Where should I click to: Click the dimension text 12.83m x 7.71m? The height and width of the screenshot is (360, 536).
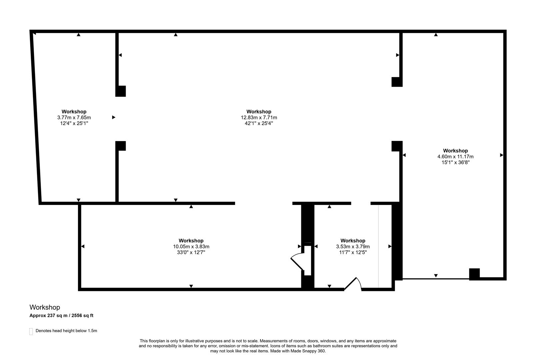259,118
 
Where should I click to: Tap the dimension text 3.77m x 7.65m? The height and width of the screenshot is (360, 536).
74,118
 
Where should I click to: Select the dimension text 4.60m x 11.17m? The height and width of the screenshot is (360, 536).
455,157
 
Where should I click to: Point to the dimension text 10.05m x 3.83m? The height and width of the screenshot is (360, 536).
191,247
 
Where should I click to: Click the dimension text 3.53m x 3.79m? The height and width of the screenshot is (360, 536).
353,247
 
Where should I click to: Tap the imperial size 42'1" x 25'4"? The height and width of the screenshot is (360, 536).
259,123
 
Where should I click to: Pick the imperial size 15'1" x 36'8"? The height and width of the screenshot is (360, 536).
455,162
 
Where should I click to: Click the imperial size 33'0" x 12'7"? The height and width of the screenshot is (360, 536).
191,252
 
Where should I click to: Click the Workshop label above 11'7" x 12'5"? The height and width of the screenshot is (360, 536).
353,241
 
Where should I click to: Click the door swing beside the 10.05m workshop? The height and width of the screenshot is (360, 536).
297,262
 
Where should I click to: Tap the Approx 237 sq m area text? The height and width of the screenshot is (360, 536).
61,315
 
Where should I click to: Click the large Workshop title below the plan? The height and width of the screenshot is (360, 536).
45,307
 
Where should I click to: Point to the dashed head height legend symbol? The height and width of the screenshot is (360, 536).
31,331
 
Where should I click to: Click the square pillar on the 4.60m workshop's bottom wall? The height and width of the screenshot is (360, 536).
474,274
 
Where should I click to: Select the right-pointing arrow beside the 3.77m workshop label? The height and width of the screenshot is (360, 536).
114,117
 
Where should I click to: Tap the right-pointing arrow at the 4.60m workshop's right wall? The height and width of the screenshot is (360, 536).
501,155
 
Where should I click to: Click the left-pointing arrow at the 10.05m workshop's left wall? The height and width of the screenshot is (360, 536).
83,246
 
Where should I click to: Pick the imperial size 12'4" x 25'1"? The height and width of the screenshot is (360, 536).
74,123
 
